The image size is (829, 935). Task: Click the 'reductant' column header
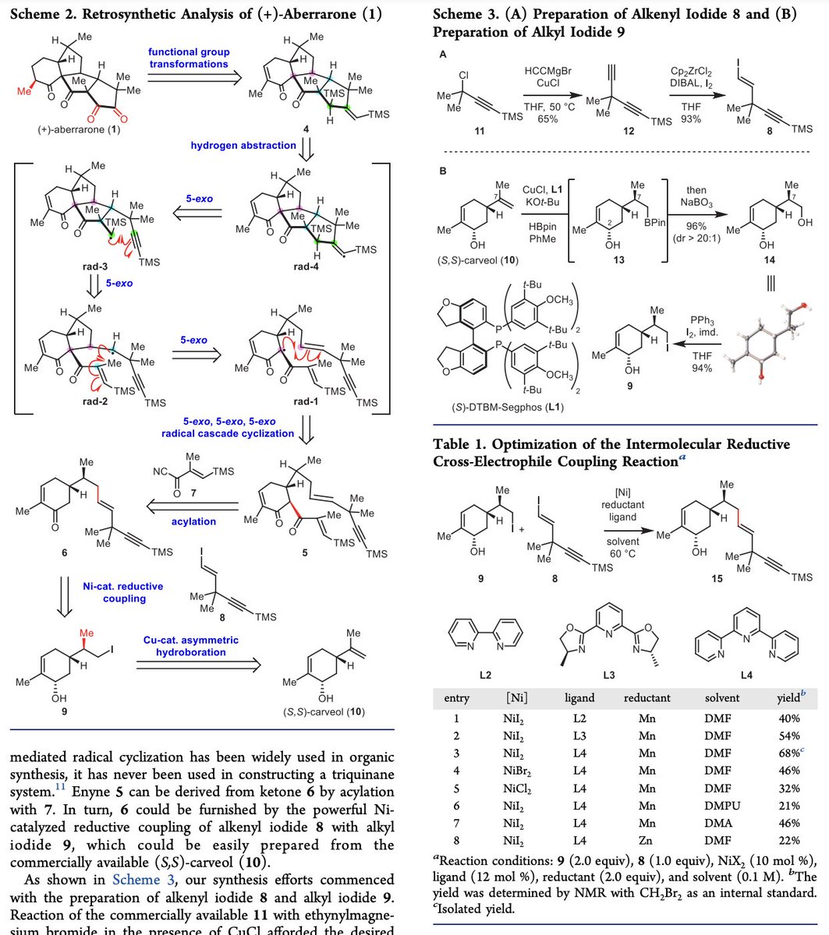pos(647,698)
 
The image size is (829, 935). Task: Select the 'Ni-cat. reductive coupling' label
pos(114,593)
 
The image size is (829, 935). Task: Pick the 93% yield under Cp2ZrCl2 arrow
pos(690,118)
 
